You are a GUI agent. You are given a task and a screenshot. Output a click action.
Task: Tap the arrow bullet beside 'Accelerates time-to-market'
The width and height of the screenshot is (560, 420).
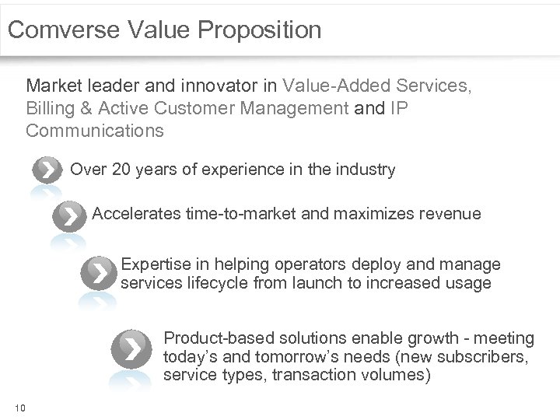[71, 215]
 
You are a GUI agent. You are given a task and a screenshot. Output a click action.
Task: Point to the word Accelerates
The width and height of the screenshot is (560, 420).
[135, 213]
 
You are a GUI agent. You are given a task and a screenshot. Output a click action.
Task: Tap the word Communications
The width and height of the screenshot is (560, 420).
[95, 130]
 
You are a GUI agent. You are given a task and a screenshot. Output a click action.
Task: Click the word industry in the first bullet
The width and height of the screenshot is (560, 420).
[367, 169]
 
